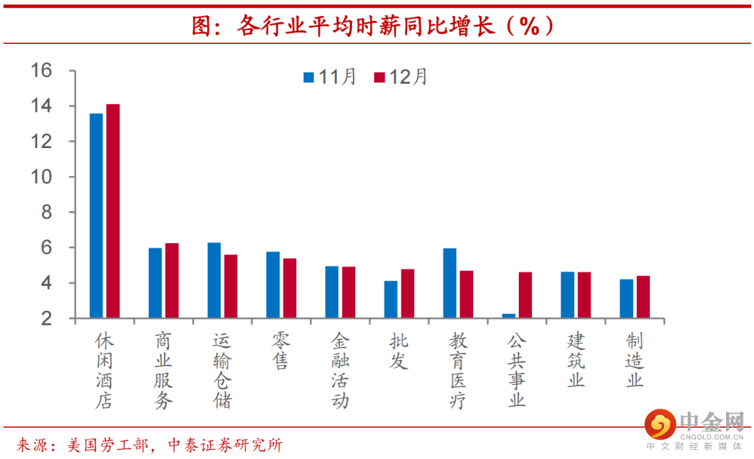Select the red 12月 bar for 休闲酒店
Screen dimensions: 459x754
coord(113,211)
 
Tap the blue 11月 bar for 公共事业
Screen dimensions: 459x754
coord(508,316)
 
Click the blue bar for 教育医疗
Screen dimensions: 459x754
coord(450,283)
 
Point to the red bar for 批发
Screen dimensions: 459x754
coord(407,293)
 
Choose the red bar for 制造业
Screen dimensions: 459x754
coord(643,297)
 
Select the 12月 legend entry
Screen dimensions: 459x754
coord(401,77)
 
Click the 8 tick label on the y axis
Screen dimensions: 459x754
coord(47,212)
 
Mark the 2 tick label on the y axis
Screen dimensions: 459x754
coord(47,319)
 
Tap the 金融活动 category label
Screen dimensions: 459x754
coord(339,370)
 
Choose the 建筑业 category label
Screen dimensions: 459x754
coord(576,360)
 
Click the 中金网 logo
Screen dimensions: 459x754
coord(694,426)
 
